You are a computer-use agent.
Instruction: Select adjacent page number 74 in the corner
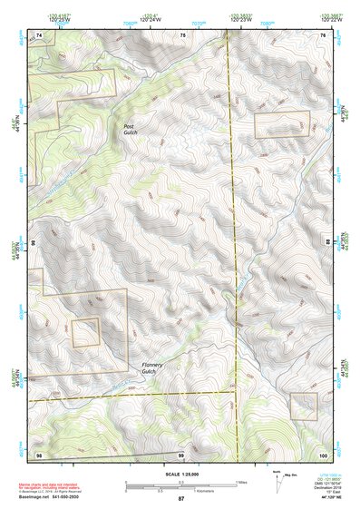click(39, 34)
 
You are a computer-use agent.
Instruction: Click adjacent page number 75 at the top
click(182, 34)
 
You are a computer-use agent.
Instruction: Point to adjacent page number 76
click(323, 34)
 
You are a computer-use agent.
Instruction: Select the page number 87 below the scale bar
click(180, 499)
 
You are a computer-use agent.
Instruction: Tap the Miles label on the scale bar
click(240, 481)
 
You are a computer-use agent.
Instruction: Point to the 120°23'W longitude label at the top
click(239, 19)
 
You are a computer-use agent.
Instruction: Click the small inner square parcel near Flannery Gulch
click(86, 331)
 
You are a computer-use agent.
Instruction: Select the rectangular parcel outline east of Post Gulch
click(282, 125)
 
